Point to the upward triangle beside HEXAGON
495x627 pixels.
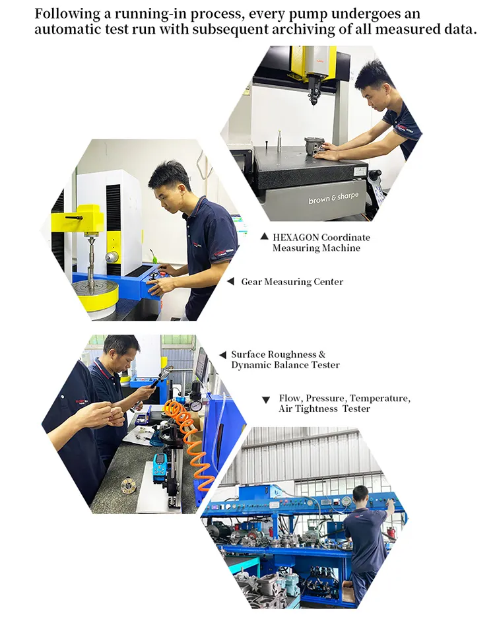(264, 236)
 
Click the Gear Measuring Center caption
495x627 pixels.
(292, 282)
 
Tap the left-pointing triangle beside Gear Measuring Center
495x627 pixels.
(230, 282)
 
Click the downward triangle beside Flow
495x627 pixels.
(265, 400)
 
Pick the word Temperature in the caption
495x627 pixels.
(379, 399)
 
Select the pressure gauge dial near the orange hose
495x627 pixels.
(196, 405)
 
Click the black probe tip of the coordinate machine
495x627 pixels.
(312, 99)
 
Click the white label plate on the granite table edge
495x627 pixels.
(359, 171)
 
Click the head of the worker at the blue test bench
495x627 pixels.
(360, 494)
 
